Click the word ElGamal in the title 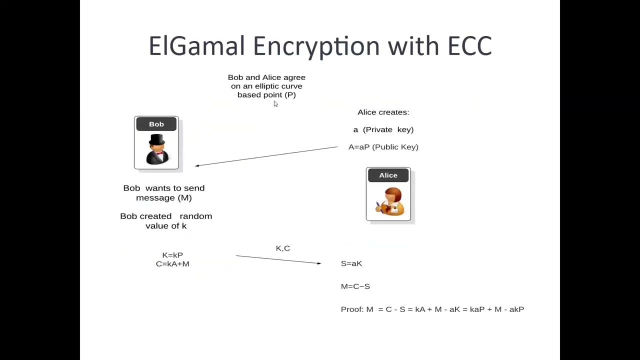tap(196, 46)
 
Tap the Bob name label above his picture tap(156, 124)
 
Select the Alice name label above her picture tap(388, 175)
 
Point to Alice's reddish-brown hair tap(393, 194)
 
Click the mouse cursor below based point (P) tap(275, 103)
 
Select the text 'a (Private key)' tap(383, 129)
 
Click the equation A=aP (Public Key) tap(383, 147)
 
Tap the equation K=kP tap(172, 255)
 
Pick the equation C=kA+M tap(172, 263)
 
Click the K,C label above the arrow tap(282, 248)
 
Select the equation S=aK tap(351, 263)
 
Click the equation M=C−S tap(355, 286)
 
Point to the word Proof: tap(351, 309)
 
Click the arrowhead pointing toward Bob tap(197, 165)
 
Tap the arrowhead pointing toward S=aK tap(318, 263)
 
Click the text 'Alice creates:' tap(383, 112)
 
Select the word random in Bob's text tap(195, 216)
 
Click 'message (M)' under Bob tap(163, 197)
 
